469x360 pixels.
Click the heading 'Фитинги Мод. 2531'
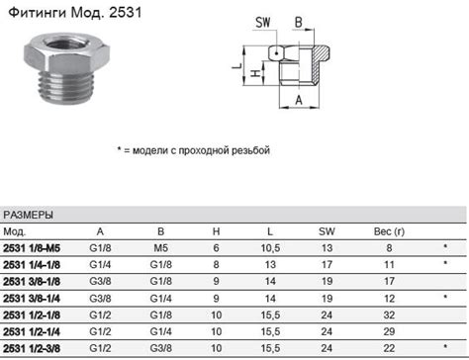(x=75, y=13)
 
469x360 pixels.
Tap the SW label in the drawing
(x=263, y=23)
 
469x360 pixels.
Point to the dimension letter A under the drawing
(x=299, y=100)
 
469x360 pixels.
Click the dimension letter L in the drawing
(x=237, y=65)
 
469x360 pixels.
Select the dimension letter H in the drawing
(x=256, y=73)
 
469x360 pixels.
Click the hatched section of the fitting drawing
(x=321, y=62)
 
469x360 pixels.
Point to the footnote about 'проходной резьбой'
(x=194, y=150)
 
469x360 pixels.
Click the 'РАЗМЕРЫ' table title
(x=28, y=216)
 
